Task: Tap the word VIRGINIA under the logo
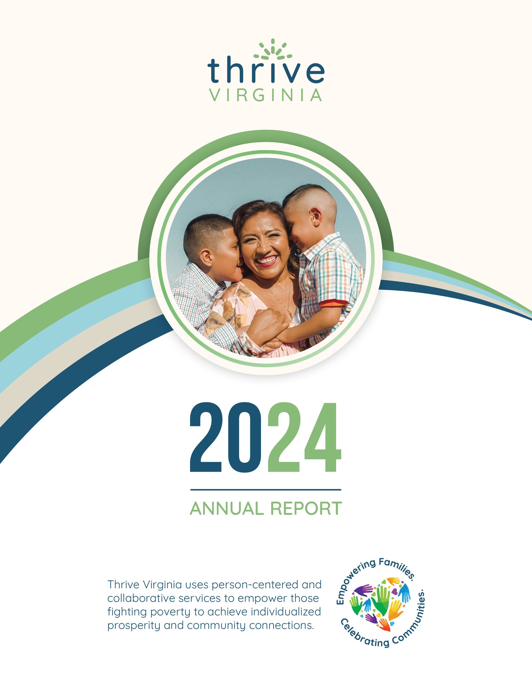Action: point(266,95)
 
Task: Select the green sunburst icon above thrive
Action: point(273,50)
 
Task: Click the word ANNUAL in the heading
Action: point(227,508)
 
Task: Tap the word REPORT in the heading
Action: point(306,508)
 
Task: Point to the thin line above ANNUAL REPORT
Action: point(266,490)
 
